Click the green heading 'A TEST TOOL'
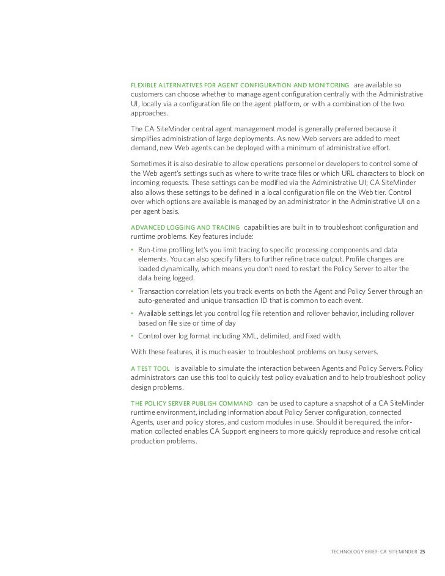(150, 368)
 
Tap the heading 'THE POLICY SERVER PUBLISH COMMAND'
(192, 404)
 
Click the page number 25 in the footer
(423, 552)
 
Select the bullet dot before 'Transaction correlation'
(133, 291)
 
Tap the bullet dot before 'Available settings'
(133, 313)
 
